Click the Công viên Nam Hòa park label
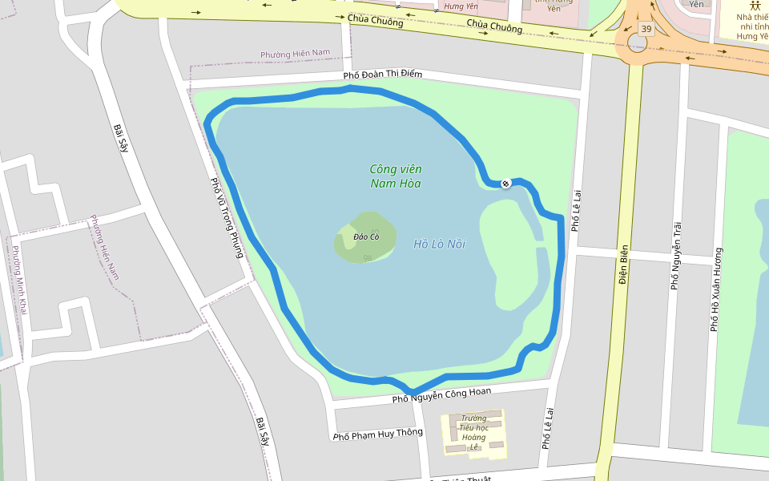pos(396,176)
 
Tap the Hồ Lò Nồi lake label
pos(439,244)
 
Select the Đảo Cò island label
pos(366,236)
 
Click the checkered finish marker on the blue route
pos(506,184)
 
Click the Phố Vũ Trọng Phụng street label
pos(226,217)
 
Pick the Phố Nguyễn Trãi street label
pos(677,255)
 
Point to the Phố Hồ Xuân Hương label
pos(715,289)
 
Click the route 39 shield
pos(646,29)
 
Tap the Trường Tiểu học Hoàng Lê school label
pos(473,433)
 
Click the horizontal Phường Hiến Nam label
pos(295,54)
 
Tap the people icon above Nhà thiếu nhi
pos(755,6)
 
